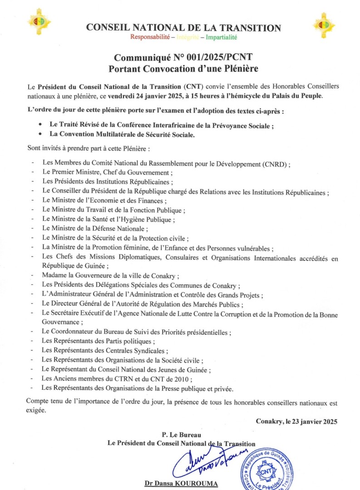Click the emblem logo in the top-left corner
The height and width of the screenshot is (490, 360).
(x=39, y=22)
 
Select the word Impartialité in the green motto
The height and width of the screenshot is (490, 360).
(x=222, y=37)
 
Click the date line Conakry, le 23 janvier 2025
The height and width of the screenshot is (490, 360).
(x=296, y=421)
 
